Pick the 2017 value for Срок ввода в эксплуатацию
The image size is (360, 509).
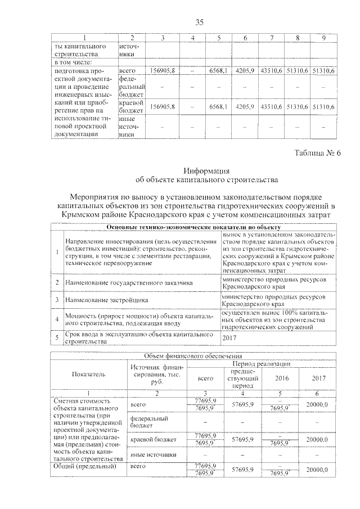[x=230, y=337]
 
